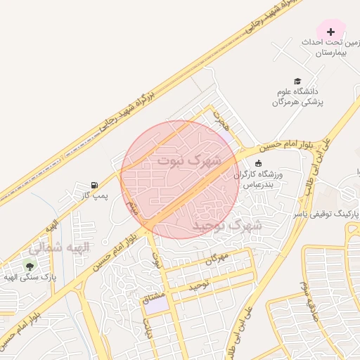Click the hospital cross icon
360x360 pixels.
330,32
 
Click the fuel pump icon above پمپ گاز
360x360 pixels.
94,184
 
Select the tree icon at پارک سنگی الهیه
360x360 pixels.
29,266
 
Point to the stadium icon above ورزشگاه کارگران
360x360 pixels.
258,163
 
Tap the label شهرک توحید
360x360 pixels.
227,225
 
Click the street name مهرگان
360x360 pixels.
217,259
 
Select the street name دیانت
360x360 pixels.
148,328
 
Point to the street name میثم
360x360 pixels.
133,207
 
